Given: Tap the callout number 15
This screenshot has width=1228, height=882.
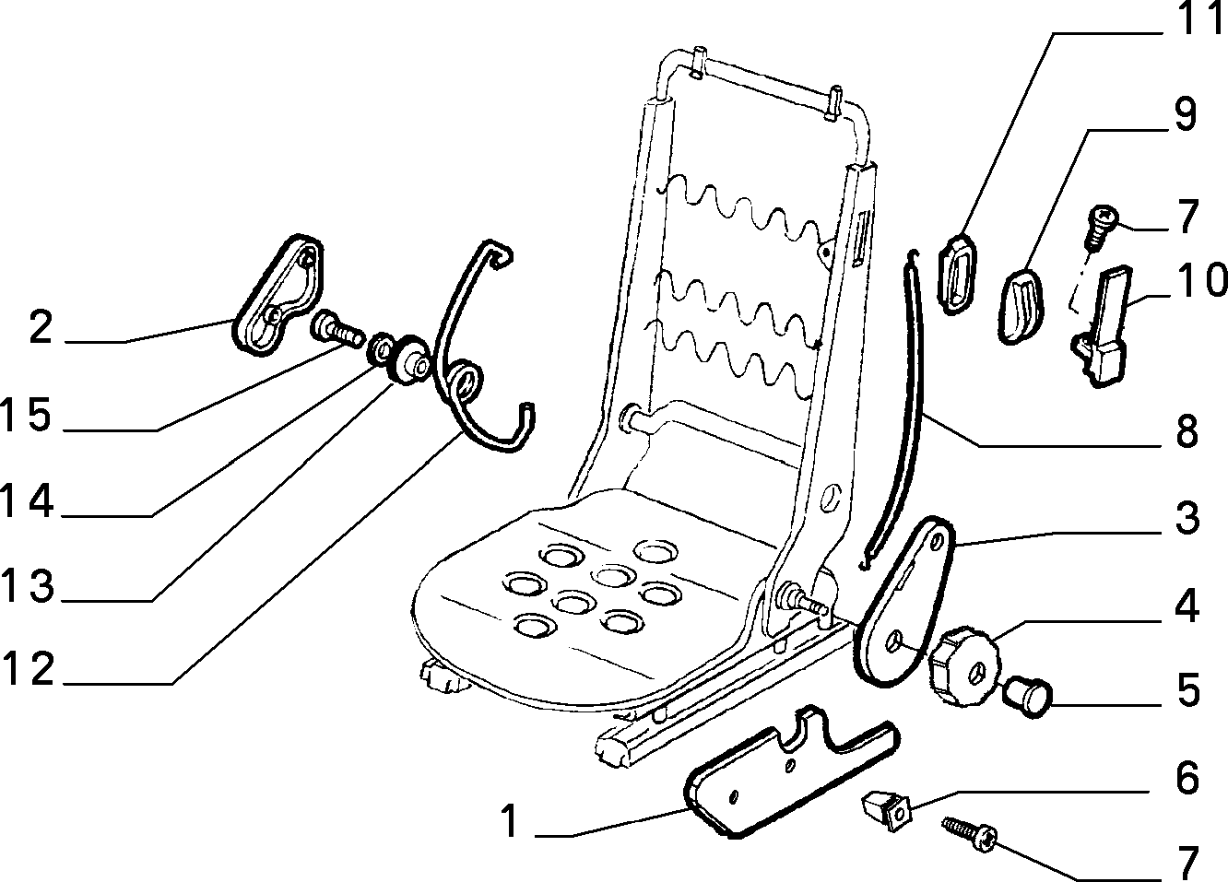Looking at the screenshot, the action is tap(26, 415).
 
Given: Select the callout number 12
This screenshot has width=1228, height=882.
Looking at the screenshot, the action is tap(28, 669).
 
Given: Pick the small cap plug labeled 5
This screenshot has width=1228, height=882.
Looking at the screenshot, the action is tap(1027, 698).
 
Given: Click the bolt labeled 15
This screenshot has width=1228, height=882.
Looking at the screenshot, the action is tap(337, 328).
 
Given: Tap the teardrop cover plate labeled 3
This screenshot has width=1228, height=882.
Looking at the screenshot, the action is tap(904, 601).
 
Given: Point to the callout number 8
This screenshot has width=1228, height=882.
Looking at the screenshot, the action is tap(1187, 432).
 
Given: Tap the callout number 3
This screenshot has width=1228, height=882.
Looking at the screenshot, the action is tap(1187, 517).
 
